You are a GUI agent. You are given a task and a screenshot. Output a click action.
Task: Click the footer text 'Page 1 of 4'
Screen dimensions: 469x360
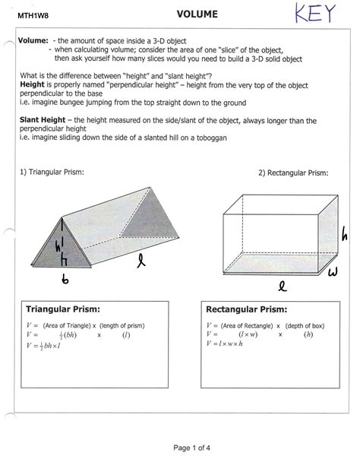click(x=192, y=448)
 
